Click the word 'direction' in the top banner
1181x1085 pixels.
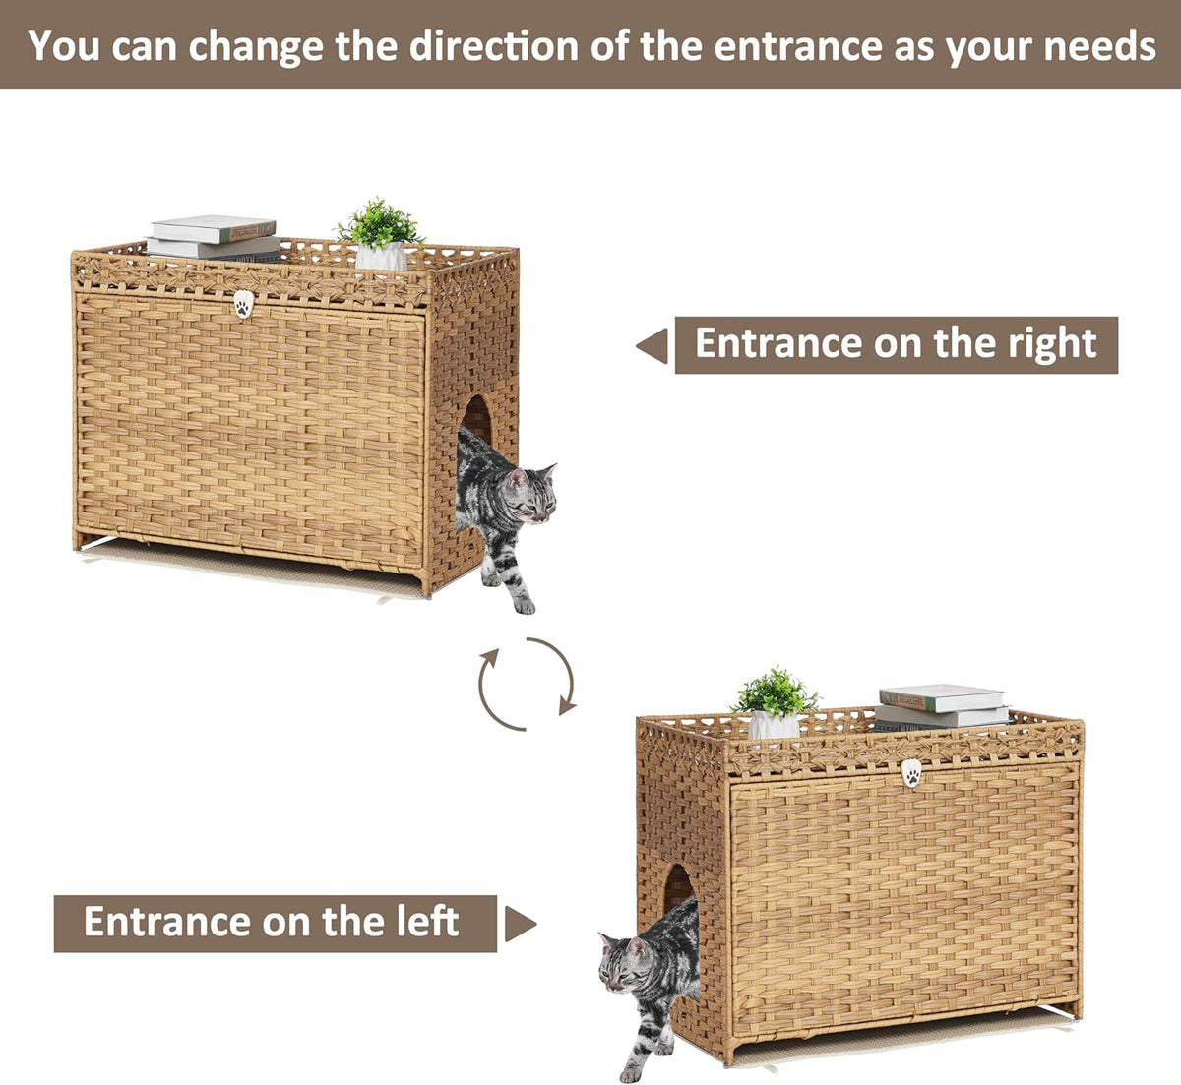pos(493,46)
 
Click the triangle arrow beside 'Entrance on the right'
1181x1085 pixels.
pos(654,346)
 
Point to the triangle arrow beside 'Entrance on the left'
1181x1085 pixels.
pos(520,924)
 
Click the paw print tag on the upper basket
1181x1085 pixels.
pos(243,304)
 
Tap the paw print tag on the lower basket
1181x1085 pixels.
pos(912,773)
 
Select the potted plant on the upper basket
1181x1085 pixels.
pos(380,234)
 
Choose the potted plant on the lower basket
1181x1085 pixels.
pos(774,703)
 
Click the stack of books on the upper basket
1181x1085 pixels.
pos(214,238)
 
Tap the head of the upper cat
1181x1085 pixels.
pos(532,494)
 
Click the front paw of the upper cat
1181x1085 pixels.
pos(524,605)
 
